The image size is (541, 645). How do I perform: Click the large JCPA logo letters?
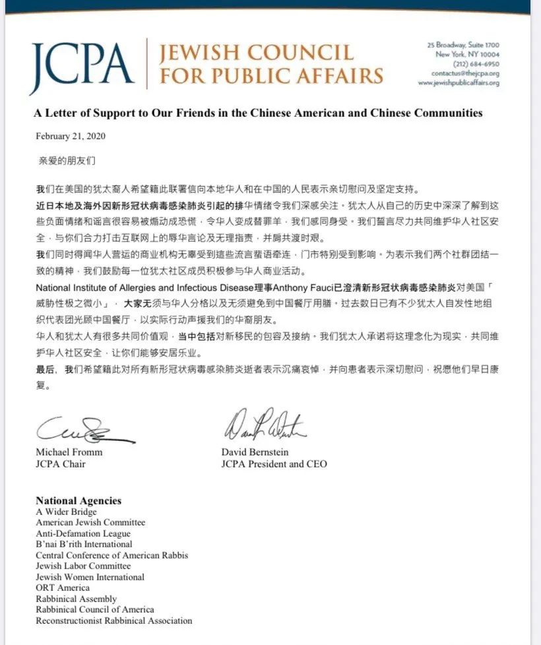pos(82,64)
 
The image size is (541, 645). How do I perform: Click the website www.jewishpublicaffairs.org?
pos(458,83)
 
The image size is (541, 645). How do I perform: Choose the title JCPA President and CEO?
pos(274,463)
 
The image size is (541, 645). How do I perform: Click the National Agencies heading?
pos(79,501)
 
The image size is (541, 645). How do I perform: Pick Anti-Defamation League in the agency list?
pos(83,533)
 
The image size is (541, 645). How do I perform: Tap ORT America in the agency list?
pos(63,588)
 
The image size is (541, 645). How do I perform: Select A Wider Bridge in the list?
pos(66,512)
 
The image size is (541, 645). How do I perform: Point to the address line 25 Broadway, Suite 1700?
pos(463,45)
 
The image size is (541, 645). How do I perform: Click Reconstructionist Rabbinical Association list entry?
pos(114,621)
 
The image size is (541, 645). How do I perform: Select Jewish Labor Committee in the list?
pos(83,566)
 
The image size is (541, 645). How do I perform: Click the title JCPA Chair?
pos(59,463)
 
